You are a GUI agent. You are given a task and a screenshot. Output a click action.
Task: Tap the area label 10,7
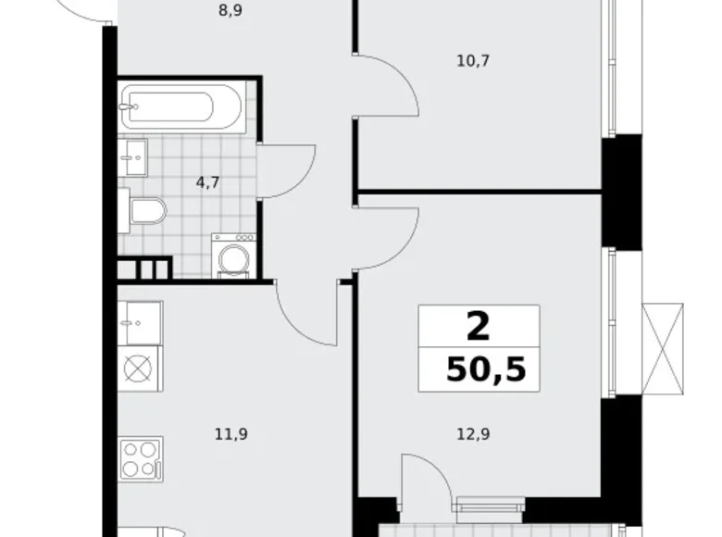point(473,62)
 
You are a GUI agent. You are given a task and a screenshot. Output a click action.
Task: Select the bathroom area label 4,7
point(207,181)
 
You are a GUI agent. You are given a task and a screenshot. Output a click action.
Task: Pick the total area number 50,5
point(485,369)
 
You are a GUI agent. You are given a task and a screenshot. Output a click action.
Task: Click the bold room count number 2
point(478,326)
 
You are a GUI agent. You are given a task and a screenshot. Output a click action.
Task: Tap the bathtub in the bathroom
point(181,109)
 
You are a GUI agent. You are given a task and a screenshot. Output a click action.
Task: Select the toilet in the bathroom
point(145,212)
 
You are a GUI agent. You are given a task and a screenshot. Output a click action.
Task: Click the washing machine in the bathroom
point(233,255)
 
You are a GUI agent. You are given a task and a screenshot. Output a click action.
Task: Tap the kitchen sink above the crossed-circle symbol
point(140,322)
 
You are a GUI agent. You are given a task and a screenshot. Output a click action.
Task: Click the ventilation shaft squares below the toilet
point(145,269)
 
